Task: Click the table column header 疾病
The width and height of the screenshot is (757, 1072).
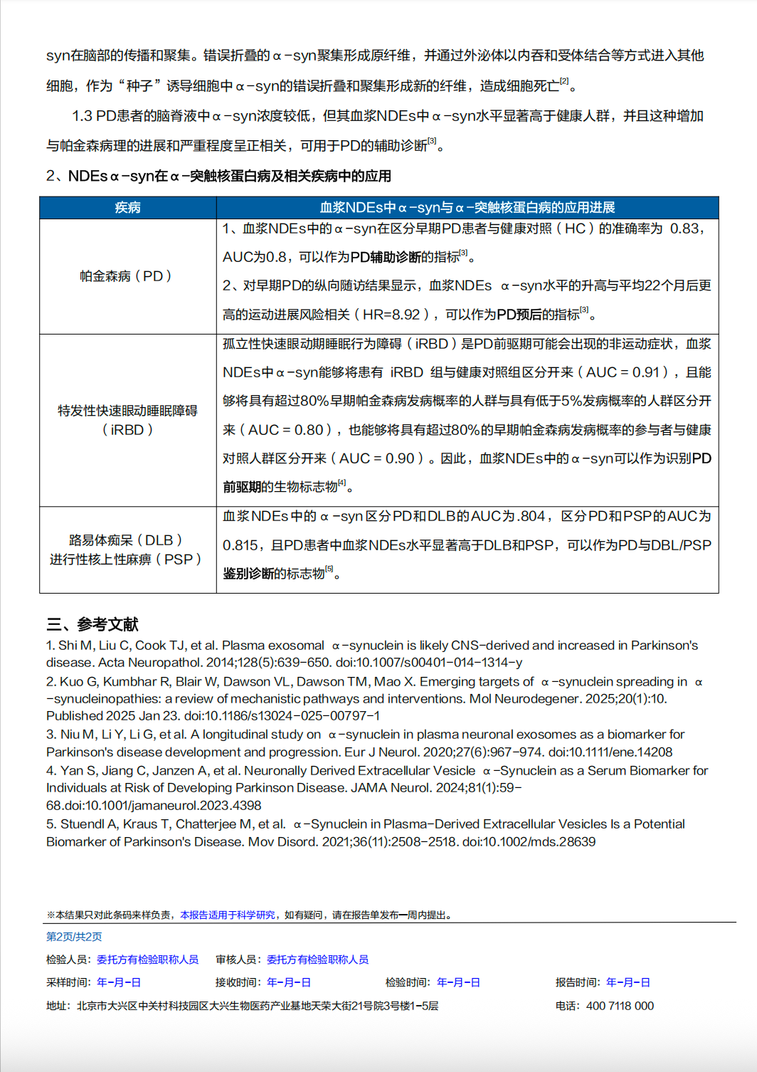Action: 128,207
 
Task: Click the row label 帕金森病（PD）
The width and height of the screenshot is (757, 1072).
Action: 126,276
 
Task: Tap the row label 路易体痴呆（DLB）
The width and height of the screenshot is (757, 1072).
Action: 126,540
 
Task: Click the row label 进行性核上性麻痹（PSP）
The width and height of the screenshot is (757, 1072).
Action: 126,559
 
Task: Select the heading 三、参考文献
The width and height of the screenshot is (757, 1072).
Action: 92,624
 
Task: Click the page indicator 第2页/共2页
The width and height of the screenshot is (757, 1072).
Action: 74,937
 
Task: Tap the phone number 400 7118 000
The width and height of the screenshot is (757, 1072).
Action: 620,1006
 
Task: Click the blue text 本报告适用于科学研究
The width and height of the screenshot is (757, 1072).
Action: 228,915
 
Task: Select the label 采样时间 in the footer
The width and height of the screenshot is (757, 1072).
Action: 68,982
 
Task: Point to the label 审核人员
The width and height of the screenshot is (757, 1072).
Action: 238,960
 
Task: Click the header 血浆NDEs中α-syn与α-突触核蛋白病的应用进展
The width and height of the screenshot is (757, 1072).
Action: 467,207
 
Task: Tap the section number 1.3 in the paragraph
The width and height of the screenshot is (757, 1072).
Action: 82,116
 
